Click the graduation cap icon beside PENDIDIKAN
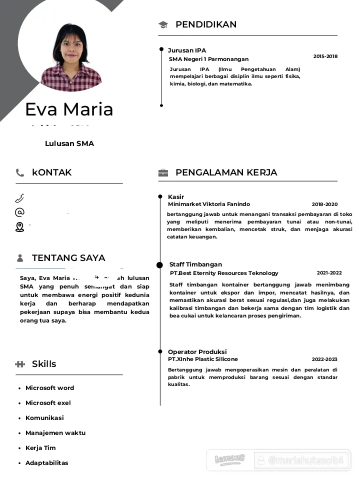(x=163, y=24)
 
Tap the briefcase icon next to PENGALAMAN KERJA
(x=163, y=173)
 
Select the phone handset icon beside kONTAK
(x=20, y=173)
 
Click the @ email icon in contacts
(x=19, y=212)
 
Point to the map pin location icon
(x=19, y=227)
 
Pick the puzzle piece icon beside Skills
(x=20, y=364)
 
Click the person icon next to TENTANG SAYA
(x=20, y=258)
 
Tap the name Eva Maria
(x=69, y=109)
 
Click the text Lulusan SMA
(x=69, y=143)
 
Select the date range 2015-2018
(x=325, y=56)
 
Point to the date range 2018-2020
(x=324, y=204)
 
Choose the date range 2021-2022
(x=329, y=273)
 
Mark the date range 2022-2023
(x=324, y=359)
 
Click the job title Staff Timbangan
(x=195, y=264)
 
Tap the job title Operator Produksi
(x=197, y=352)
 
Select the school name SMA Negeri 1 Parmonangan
(x=208, y=59)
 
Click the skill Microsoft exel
(x=48, y=403)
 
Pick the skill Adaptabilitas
(x=46, y=463)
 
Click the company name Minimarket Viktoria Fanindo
(x=209, y=204)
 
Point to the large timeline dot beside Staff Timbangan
(x=159, y=265)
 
